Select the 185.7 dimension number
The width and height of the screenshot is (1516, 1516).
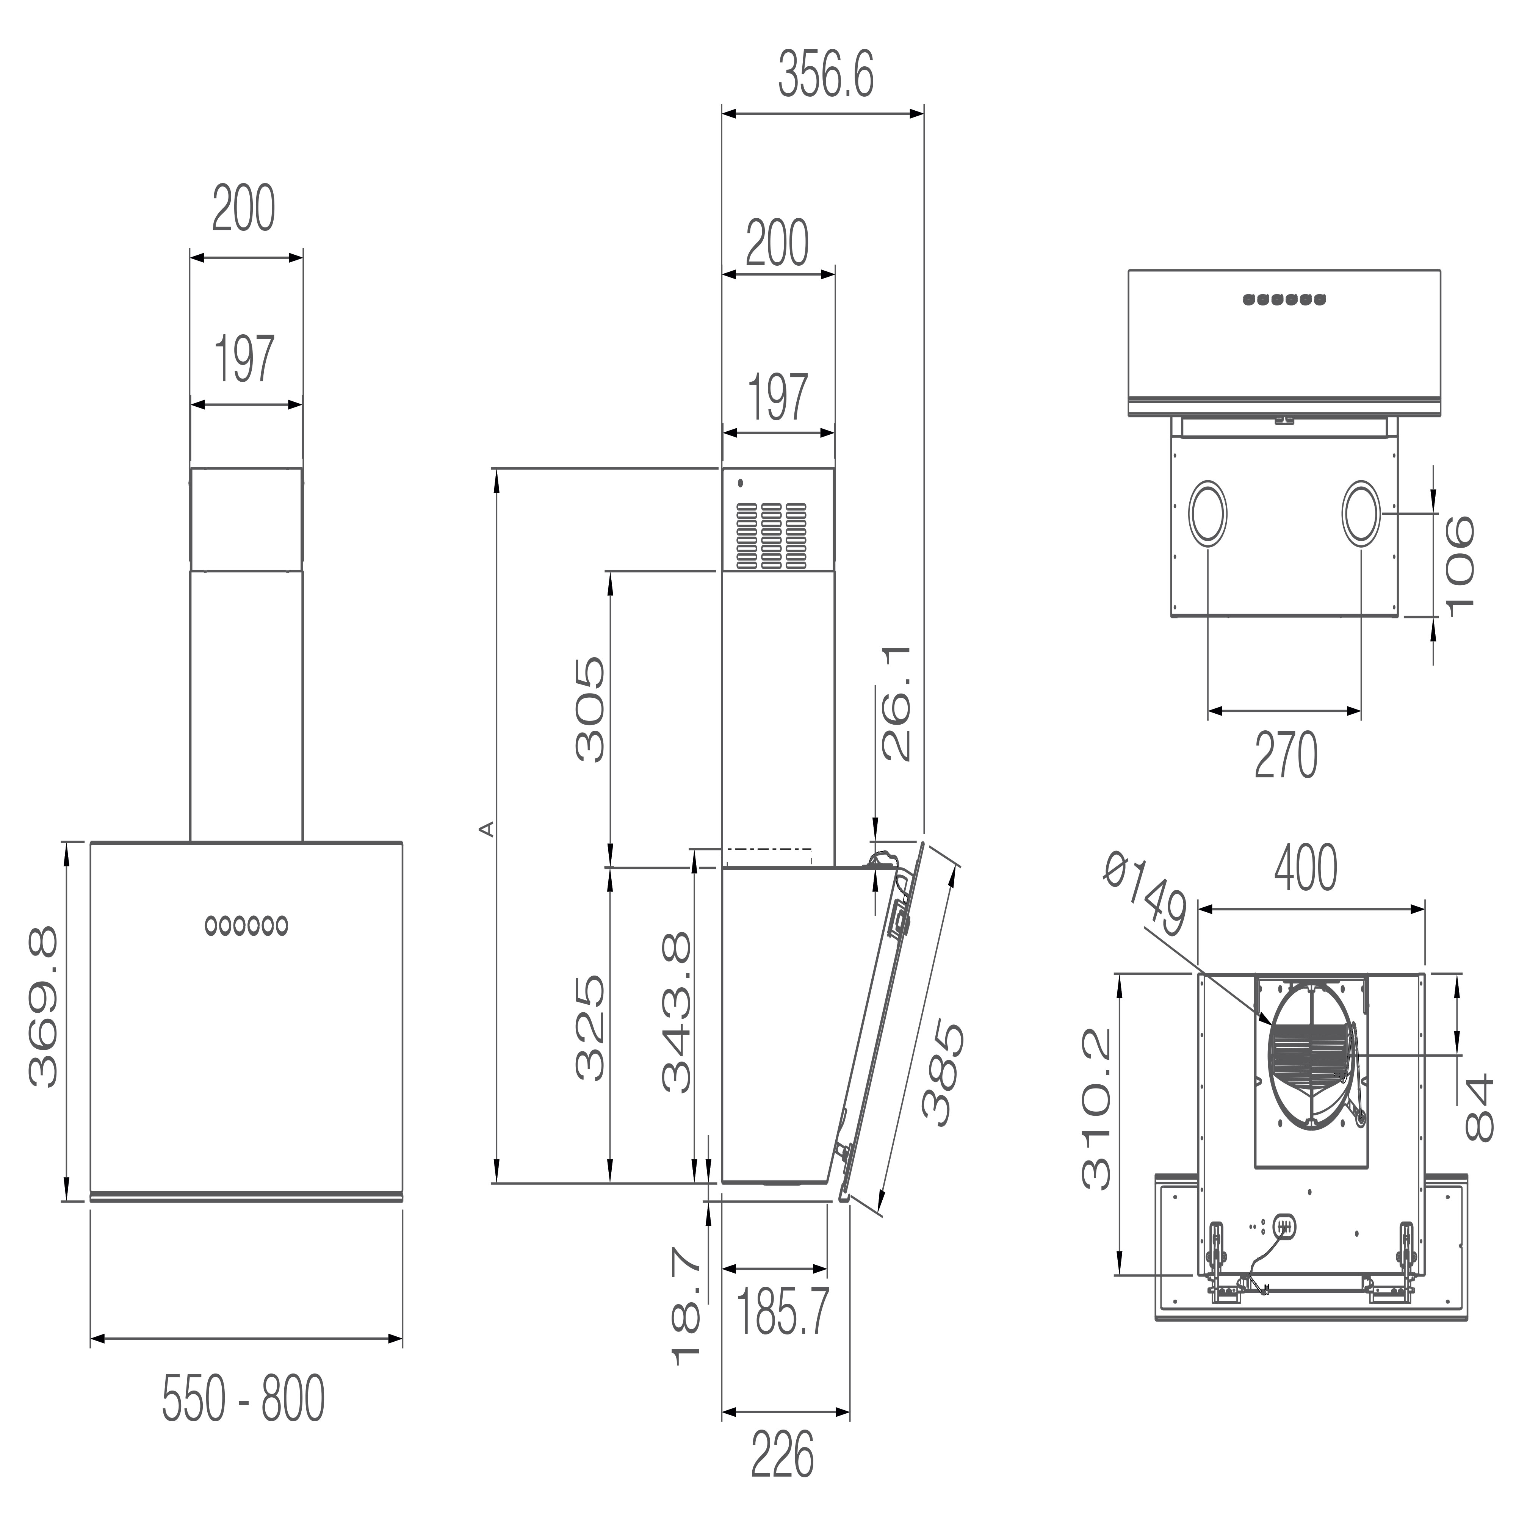(782, 1311)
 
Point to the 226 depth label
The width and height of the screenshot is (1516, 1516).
(782, 1454)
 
